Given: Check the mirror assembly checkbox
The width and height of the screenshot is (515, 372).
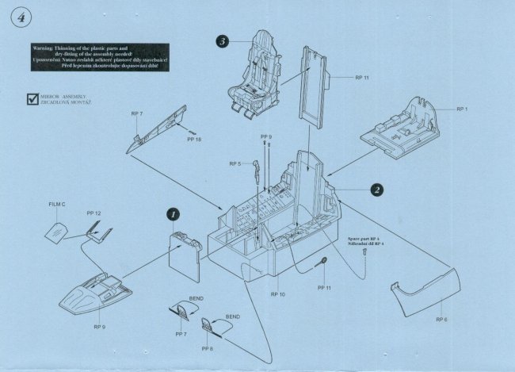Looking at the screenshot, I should [31, 101].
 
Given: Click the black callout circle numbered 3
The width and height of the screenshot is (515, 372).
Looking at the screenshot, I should [224, 42].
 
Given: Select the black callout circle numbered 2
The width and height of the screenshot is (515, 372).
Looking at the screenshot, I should [378, 190].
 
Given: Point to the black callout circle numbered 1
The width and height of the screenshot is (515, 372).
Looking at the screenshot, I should [174, 213].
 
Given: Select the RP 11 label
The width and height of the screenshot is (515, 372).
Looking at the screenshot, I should [361, 78].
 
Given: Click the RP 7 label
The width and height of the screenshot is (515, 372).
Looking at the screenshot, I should [136, 114].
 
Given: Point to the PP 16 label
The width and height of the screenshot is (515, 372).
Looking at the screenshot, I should [194, 140].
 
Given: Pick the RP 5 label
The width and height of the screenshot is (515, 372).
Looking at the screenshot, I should [235, 163].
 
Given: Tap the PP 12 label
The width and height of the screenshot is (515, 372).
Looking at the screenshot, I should [93, 213].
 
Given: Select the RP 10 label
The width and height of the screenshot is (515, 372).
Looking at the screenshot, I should [277, 294].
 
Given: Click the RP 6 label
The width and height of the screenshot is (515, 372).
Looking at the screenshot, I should [441, 319].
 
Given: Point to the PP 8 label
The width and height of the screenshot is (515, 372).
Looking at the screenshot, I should [207, 349].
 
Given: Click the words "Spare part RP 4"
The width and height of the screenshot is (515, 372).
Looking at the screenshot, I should [364, 237].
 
